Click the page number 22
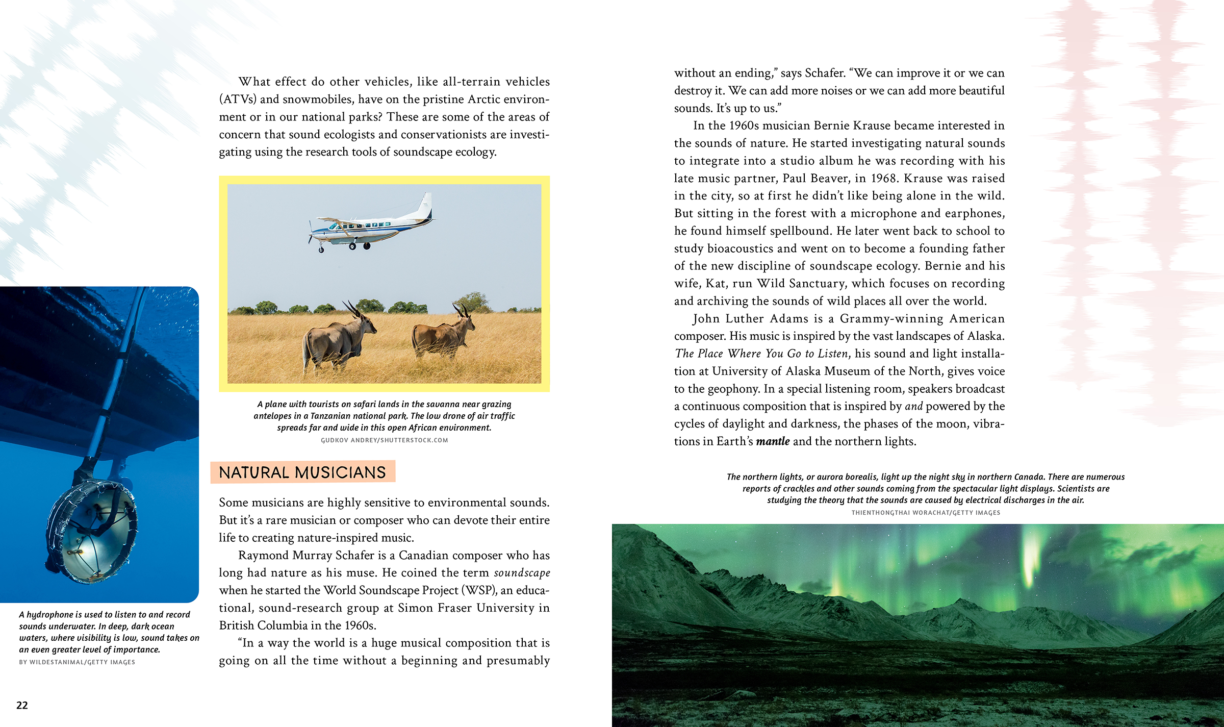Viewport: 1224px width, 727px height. [x=22, y=705]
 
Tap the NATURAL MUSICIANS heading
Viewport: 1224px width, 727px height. [x=302, y=472]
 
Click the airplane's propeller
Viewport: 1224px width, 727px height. [x=310, y=232]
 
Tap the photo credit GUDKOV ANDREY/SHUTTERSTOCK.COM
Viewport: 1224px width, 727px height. [x=384, y=440]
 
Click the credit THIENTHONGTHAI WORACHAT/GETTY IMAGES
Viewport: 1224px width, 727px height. [x=926, y=513]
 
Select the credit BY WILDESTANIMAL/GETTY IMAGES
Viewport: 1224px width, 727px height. [x=77, y=662]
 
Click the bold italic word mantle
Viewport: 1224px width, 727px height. [x=773, y=441]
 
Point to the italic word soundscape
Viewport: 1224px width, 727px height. [x=522, y=573]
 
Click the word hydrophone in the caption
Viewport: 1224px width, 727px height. [x=50, y=615]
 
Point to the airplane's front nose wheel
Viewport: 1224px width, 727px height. [x=321, y=250]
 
